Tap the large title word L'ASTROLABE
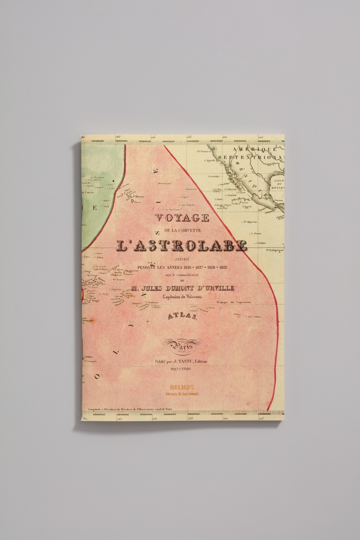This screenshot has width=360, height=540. click(x=181, y=245)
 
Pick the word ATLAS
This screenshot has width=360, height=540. click(x=182, y=317)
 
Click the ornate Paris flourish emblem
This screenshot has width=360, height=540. click(x=181, y=345)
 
